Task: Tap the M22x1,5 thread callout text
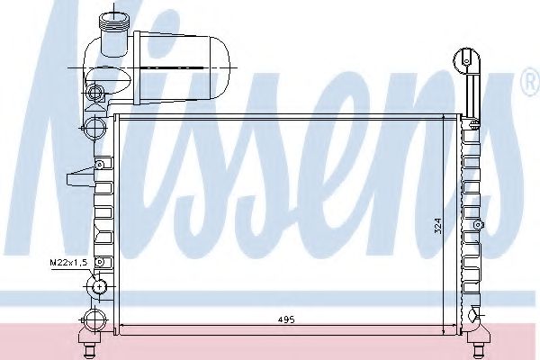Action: pos(67,262)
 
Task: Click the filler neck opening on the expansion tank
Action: pos(116,19)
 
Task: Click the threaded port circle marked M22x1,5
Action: pos(94,289)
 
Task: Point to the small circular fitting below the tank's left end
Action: pos(95,91)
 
